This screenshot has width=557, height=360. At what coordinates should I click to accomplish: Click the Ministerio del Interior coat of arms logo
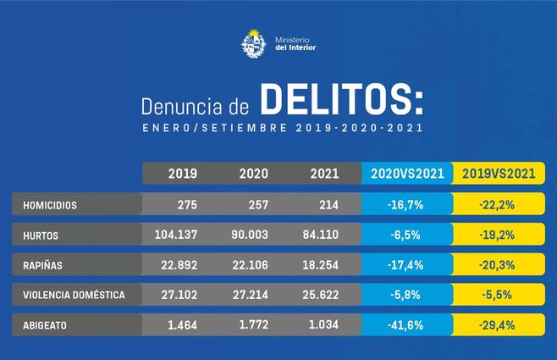(x=253, y=42)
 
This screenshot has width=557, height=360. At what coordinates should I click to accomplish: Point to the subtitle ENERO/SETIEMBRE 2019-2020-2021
(x=278, y=129)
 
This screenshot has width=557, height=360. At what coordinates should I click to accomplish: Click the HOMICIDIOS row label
(x=50, y=205)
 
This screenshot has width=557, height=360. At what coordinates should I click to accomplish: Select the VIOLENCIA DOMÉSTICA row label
(x=74, y=296)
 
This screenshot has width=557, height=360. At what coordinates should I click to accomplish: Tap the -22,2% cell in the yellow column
(x=499, y=205)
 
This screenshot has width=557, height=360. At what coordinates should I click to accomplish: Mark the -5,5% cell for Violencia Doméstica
(x=499, y=296)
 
